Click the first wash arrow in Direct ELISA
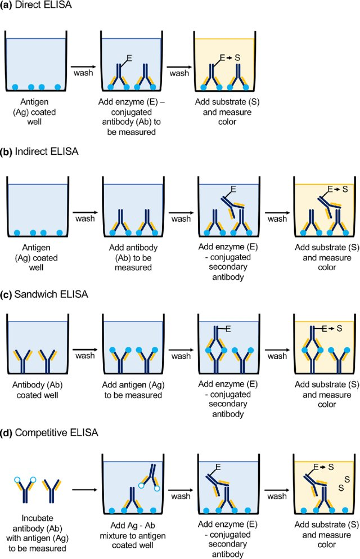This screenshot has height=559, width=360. point(83,61)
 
